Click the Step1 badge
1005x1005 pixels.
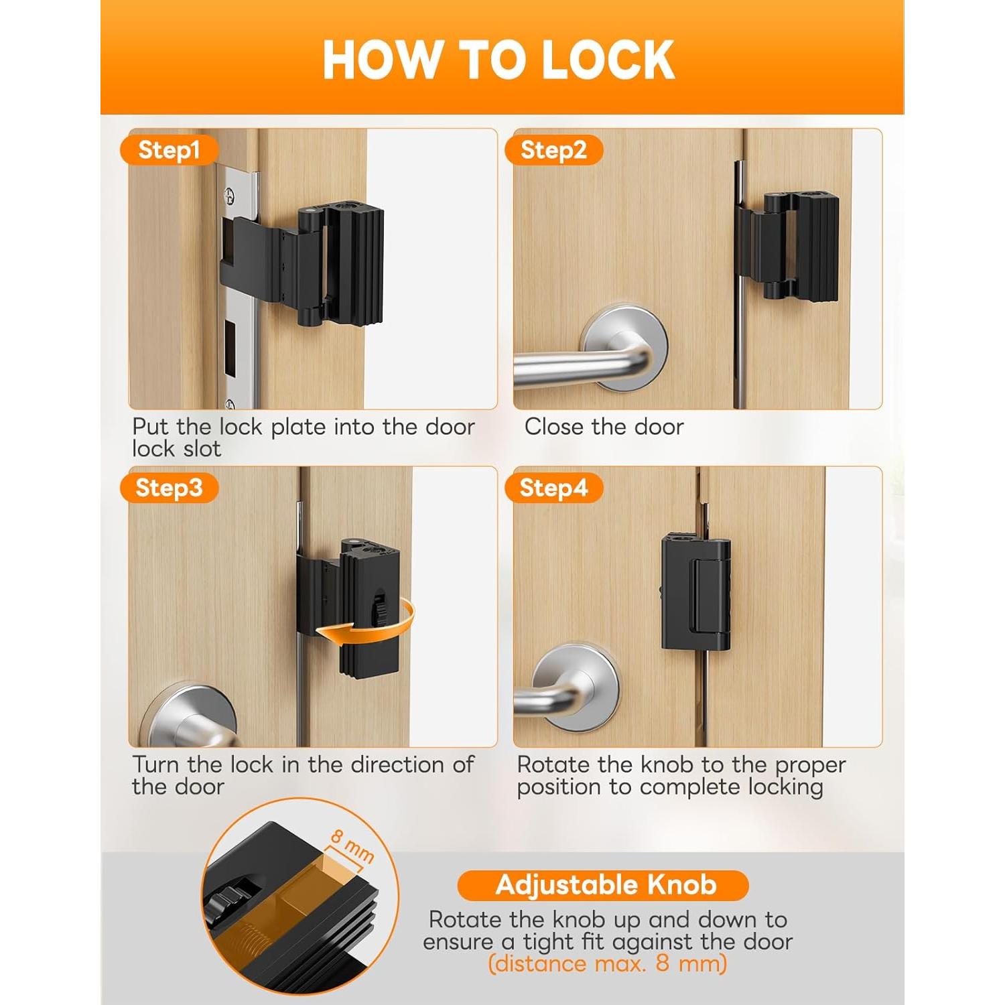169,150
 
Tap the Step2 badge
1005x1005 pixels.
553,150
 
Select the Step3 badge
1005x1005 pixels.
169,488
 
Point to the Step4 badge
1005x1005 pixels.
553,488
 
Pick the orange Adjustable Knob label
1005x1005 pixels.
605,885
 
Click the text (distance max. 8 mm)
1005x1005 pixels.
607,964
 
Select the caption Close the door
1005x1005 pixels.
604,427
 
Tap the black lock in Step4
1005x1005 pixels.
697,593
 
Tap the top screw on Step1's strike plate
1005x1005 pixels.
230,196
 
